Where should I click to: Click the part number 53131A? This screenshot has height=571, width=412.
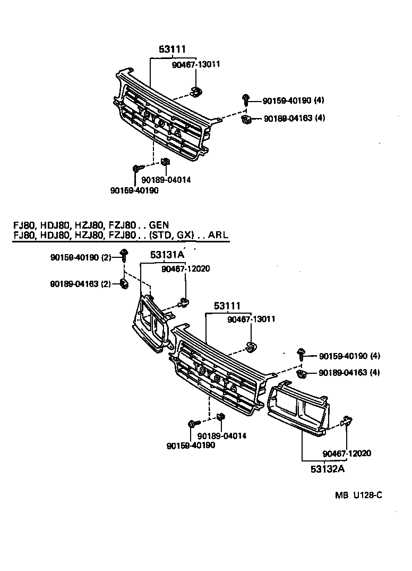click(167, 255)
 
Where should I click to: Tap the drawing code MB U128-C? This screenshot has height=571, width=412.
click(358, 495)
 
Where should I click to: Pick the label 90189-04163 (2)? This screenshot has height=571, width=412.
click(81, 284)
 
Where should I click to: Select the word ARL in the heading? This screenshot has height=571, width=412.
click(218, 236)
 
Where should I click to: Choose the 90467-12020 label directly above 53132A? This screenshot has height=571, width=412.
click(346, 454)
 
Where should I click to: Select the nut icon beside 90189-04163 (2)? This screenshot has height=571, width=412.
click(123, 283)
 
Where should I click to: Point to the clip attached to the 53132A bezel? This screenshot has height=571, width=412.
click(346, 422)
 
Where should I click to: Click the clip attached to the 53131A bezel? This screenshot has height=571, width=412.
click(184, 304)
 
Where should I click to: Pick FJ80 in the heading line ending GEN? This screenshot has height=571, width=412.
click(24, 225)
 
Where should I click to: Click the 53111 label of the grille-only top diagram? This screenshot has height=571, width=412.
click(172, 49)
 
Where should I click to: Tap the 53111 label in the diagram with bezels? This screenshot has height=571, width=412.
click(227, 306)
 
